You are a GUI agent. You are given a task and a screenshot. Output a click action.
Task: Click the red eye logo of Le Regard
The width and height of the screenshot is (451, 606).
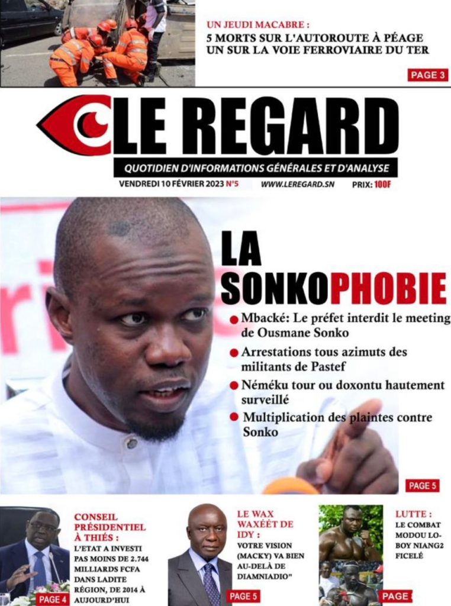(74, 125)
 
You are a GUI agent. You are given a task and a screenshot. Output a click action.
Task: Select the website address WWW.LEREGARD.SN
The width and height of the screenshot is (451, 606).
(298, 184)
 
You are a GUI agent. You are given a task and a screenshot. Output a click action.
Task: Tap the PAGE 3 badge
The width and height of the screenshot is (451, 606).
(427, 75)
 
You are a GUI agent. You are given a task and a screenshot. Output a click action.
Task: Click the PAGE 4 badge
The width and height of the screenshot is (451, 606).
(52, 599)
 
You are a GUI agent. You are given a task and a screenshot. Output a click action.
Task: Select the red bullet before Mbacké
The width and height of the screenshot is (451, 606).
(234, 320)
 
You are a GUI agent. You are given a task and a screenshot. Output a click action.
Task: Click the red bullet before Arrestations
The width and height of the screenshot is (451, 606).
(234, 353)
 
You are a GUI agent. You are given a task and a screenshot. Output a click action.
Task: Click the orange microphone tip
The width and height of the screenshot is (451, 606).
(291, 486)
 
